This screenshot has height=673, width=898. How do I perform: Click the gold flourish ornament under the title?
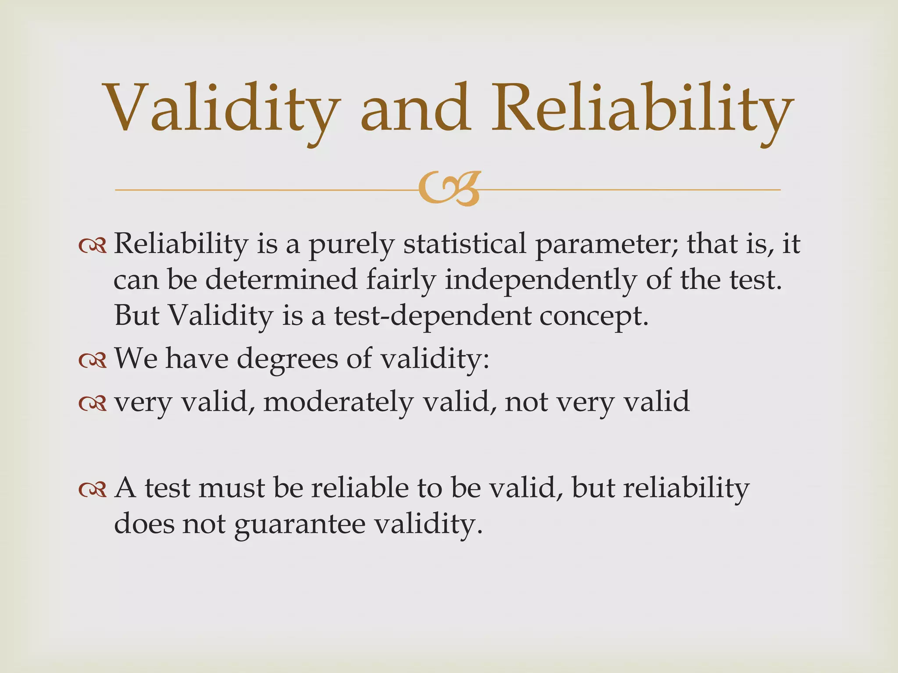(449, 189)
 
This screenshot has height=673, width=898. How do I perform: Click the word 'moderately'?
(338, 402)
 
